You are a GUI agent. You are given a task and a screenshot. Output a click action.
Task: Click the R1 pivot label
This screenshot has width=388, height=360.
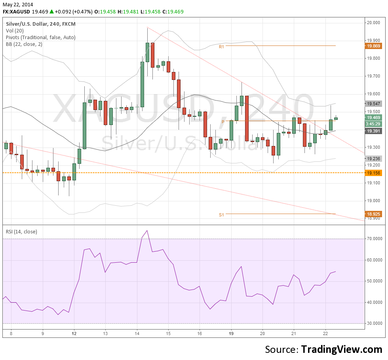pyautogui.click(x=222, y=46)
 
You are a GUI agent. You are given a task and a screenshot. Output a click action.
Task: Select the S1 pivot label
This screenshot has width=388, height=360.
pyautogui.click(x=221, y=215)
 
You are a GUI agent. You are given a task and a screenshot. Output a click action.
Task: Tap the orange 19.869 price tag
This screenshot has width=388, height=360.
pyautogui.click(x=374, y=46)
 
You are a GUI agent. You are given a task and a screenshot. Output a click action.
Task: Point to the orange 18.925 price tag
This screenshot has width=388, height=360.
pyautogui.click(x=374, y=214)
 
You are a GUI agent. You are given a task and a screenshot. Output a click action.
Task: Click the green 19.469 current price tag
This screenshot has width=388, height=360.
pyautogui.click(x=374, y=117)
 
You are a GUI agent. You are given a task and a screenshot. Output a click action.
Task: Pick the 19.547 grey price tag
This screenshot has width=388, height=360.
pyautogui.click(x=374, y=103)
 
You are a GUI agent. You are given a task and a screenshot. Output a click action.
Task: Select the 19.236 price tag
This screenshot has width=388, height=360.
pyautogui.click(x=374, y=158)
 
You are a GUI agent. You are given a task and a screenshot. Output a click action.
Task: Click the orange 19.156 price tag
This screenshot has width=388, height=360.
pyautogui.click(x=374, y=173)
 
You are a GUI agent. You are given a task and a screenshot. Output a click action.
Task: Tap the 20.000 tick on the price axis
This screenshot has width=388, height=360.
pyautogui.click(x=374, y=23)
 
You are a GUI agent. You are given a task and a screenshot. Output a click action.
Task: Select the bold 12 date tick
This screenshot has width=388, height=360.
pyautogui.click(x=74, y=333)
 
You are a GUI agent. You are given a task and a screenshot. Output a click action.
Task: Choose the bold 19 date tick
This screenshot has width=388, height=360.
pyautogui.click(x=231, y=333)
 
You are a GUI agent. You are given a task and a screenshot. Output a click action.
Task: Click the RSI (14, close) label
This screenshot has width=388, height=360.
pyautogui.click(x=21, y=231)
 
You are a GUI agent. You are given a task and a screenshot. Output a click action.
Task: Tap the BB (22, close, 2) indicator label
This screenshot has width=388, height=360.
pyautogui.click(x=24, y=44)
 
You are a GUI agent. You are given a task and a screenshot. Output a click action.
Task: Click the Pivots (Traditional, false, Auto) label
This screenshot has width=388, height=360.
pyautogui.click(x=41, y=37)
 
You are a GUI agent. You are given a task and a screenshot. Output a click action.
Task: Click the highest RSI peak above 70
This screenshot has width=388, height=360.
pyautogui.click(x=147, y=230)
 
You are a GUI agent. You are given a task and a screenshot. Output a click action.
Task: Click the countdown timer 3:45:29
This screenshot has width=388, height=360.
pyautogui.click(x=374, y=124)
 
